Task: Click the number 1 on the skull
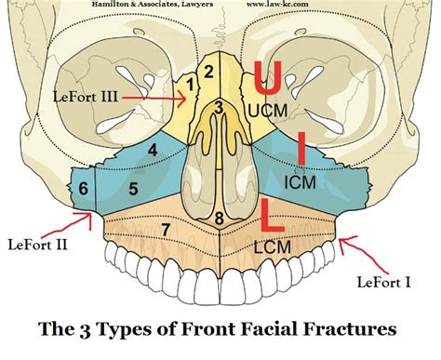point(192,86)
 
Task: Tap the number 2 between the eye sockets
point(210,71)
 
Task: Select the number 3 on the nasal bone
point(218,108)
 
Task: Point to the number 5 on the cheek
point(133,190)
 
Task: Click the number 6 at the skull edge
point(84,188)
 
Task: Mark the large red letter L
point(274,215)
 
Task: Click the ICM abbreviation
point(300,182)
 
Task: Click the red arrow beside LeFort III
point(154,94)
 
